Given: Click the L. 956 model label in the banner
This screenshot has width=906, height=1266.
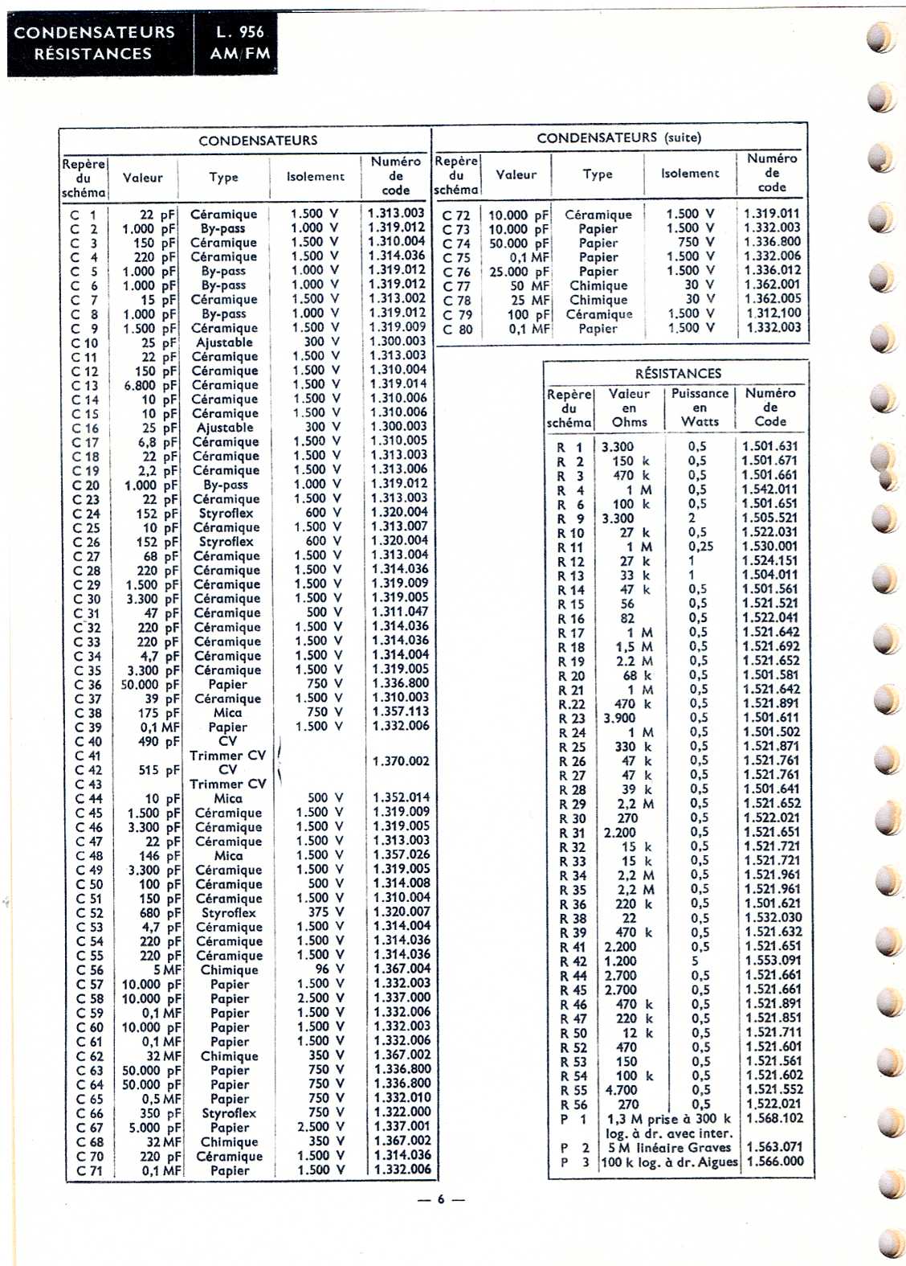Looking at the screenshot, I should click(x=239, y=32).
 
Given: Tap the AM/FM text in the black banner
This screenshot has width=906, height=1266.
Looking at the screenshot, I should click(x=239, y=54).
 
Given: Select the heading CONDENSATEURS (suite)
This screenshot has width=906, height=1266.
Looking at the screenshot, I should click(x=618, y=137).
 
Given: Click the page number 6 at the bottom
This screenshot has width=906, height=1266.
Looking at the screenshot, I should click(x=440, y=1199).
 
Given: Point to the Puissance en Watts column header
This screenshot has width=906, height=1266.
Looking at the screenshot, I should click(x=700, y=408).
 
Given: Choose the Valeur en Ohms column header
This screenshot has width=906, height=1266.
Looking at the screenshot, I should click(x=629, y=408).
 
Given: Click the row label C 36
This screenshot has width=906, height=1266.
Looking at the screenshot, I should click(x=88, y=685).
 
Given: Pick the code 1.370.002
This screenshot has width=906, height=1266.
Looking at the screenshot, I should click(x=401, y=761).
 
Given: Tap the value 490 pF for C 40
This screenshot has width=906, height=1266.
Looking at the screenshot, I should click(x=159, y=742).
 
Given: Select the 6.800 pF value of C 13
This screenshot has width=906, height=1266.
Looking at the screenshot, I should click(x=150, y=385).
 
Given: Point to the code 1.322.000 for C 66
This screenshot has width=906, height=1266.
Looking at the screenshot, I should click(x=402, y=1112).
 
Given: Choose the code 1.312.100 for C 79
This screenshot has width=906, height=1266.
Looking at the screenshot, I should click(x=772, y=313).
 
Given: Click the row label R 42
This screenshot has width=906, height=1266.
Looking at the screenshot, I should click(x=573, y=961).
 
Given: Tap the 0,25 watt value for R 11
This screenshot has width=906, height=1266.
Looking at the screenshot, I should click(x=700, y=547).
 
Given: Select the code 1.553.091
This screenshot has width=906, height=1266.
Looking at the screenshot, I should click(x=773, y=961).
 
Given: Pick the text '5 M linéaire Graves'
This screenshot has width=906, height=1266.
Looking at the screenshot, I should click(x=669, y=1147).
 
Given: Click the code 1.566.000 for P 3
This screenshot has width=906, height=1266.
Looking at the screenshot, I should click(x=774, y=1162).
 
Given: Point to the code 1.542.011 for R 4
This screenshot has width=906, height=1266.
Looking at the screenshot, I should click(x=769, y=490).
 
